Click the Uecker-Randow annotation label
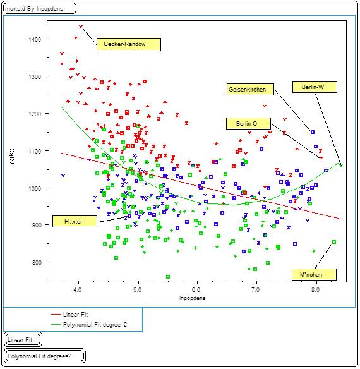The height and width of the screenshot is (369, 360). (x=129, y=45)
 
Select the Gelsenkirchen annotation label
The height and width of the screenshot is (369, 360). (x=251, y=90)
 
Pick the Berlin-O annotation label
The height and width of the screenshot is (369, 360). (x=248, y=124)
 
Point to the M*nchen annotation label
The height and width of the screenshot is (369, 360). (x=314, y=274)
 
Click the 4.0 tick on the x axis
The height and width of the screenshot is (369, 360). (x=78, y=290)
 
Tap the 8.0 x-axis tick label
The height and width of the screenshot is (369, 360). (x=316, y=290)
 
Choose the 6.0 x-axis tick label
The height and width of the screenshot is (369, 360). (x=198, y=290)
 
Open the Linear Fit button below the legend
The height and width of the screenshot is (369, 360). (x=23, y=340)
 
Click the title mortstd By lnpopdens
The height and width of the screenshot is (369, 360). (x=40, y=9)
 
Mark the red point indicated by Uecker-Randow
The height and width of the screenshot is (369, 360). (x=81, y=27)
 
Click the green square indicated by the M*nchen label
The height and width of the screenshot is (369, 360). (x=334, y=242)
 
